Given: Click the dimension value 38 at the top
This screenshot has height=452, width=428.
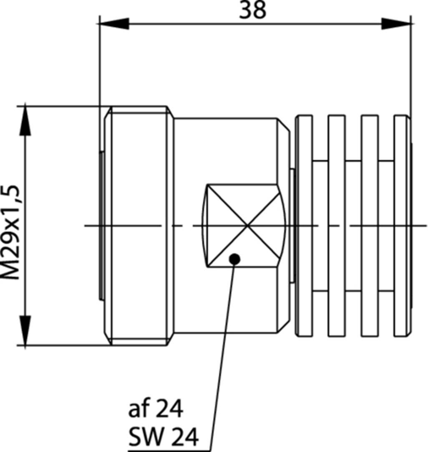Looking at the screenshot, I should pyautogui.click(x=253, y=11).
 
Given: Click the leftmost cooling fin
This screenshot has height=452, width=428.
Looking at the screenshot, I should pyautogui.click(x=304, y=226).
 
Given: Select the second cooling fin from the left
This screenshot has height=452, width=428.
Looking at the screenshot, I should pyautogui.click(x=337, y=226).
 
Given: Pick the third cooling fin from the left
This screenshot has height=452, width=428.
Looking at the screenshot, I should pyautogui.click(x=370, y=226).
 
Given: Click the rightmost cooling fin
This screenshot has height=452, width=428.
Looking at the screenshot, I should pyautogui.click(x=402, y=226).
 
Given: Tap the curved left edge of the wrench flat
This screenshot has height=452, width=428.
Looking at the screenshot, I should pyautogui.click(x=204, y=226).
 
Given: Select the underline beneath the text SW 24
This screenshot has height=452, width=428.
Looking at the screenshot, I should pyautogui.click(x=167, y=448).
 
